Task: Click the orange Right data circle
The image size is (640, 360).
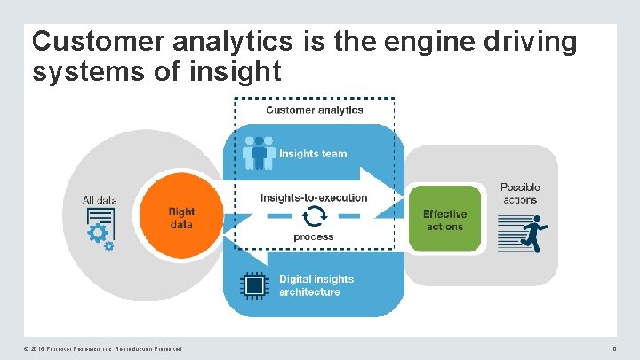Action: (x=181, y=219)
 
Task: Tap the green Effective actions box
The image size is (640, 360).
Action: (x=444, y=220)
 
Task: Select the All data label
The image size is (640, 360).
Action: (x=100, y=201)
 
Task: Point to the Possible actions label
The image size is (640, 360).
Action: (x=520, y=193)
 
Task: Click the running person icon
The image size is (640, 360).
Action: (x=534, y=234)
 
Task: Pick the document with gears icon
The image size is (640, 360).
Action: (x=100, y=228)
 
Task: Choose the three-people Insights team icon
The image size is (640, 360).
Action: (x=259, y=153)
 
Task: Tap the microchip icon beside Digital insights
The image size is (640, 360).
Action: (x=255, y=285)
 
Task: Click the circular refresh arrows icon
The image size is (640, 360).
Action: (x=314, y=217)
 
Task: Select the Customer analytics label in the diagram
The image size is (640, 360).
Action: (x=315, y=110)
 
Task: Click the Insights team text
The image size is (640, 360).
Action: (x=313, y=154)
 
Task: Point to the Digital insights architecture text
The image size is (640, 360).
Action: (x=316, y=285)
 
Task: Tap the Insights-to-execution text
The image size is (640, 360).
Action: (x=314, y=197)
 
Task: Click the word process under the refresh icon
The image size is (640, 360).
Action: (x=314, y=237)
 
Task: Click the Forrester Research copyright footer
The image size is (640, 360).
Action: (x=107, y=348)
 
